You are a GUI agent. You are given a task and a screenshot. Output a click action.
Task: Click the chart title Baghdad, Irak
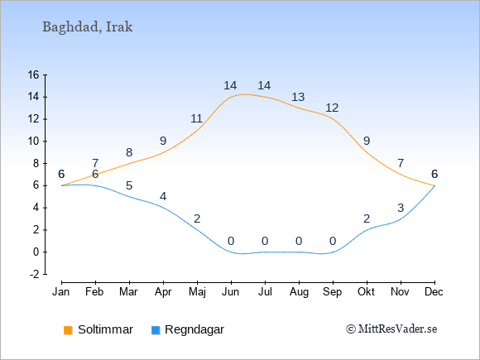click(88, 27)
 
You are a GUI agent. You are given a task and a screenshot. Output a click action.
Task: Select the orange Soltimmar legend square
click(68, 330)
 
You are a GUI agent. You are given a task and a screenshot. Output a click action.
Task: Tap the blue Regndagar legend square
click(156, 330)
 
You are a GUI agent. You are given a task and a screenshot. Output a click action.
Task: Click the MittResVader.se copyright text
click(391, 329)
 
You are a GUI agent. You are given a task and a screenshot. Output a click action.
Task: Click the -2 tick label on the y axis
click(35, 274)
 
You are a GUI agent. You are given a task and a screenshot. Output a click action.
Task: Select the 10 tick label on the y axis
click(34, 142)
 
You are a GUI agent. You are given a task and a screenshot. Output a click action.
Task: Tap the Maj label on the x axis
click(197, 292)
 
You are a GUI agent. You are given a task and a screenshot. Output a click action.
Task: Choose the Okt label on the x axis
click(367, 292)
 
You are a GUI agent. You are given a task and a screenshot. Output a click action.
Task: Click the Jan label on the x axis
click(61, 292)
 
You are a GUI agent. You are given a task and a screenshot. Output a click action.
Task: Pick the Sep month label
click(333, 292)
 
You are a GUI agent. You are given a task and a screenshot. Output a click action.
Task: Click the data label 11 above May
click(196, 118)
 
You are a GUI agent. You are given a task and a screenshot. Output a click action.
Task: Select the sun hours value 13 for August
click(298, 97)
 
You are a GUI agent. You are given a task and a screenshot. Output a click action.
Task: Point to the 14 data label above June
click(230, 85)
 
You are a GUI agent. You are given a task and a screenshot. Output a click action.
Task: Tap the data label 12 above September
click(332, 108)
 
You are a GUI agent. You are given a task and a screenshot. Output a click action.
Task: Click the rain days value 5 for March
click(129, 185)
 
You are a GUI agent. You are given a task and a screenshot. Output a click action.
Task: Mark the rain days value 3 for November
click(401, 208)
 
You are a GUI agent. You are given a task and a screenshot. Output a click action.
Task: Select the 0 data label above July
click(265, 241)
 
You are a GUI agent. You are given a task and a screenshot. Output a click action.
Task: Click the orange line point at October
click(367, 152)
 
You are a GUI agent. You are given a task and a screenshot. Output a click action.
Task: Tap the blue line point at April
click(163, 208)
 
